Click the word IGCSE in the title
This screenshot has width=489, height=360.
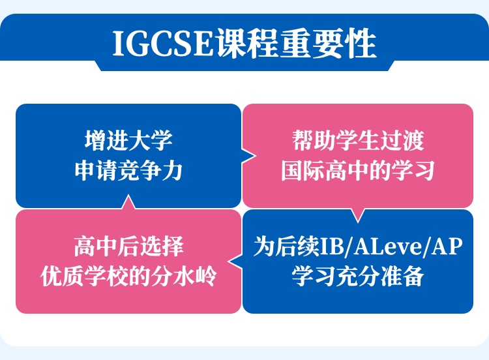(163, 43)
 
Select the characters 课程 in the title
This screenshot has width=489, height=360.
(246, 43)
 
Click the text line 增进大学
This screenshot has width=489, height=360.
(128, 141)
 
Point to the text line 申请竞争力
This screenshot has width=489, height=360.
(128, 171)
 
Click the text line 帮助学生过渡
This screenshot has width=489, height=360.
(358, 141)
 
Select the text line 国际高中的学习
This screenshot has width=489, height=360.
(358, 171)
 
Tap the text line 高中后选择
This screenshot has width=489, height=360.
(128, 246)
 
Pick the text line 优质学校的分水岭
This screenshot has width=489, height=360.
(128, 277)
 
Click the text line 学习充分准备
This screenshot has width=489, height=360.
(358, 277)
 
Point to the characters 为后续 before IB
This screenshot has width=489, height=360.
(286, 246)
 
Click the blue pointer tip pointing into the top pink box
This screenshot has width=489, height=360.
(256, 156)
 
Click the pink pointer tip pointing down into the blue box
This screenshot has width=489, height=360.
(358, 222)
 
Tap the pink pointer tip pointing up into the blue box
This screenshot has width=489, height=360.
(128, 195)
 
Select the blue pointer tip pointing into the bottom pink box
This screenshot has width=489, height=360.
(229, 262)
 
